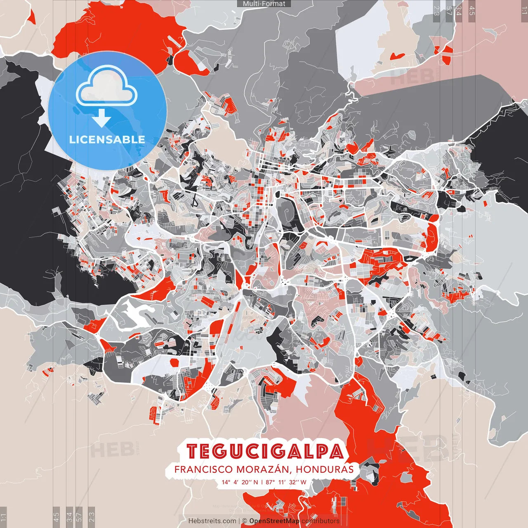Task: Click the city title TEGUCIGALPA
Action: pos(265,452)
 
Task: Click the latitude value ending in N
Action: pos(240,482)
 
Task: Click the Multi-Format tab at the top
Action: pos(264,4)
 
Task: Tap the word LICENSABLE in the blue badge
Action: pos(107,139)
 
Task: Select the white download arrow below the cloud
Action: pos(101,119)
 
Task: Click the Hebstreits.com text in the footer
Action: pos(212,521)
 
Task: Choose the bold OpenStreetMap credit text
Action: pos(274,521)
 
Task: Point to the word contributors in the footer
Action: pos(320,521)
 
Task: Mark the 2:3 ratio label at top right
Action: pos(436,10)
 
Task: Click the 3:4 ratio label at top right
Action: pos(459,10)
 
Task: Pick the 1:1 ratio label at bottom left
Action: pos(3,517)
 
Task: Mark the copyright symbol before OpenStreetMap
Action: pos(245,521)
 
